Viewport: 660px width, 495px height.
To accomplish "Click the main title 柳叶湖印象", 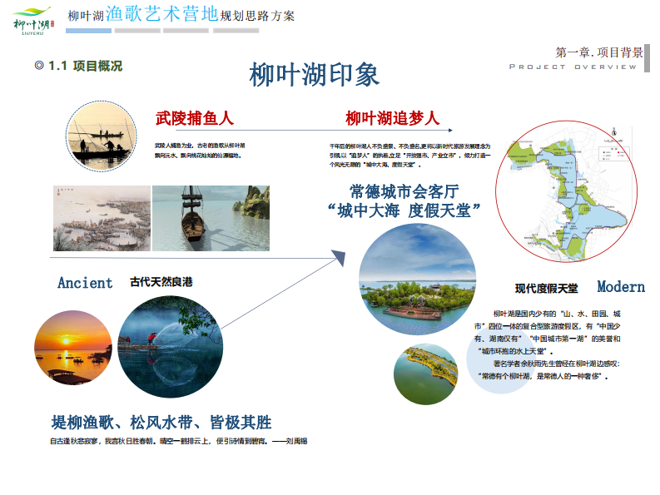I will (x=315, y=75).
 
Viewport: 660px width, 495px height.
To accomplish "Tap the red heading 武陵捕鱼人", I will (x=195, y=119).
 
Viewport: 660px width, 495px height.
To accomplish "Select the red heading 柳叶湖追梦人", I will (x=392, y=119).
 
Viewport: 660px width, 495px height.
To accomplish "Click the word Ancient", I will (x=85, y=283).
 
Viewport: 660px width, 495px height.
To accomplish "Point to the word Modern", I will (x=621, y=287).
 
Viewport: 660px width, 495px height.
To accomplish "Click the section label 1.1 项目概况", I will (x=78, y=66).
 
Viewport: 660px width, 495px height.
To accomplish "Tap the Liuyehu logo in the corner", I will (x=32, y=18).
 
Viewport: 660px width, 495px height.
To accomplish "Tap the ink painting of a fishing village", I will (x=102, y=218).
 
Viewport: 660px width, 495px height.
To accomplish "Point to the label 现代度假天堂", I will (x=546, y=289).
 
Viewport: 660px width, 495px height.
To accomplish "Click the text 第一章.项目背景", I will (x=598, y=52).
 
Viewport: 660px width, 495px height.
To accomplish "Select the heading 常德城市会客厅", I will (x=404, y=191).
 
